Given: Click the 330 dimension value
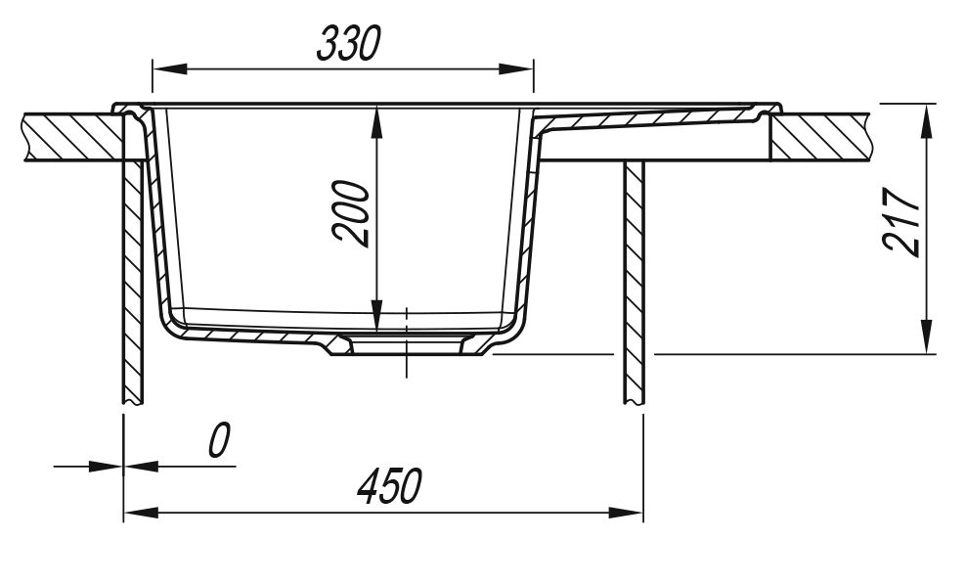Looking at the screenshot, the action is [349, 43].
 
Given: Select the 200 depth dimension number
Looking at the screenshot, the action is [351, 214].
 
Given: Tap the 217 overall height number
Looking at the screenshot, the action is [901, 222].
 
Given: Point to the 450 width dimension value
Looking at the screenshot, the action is [390, 486].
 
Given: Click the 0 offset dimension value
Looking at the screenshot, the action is [219, 440].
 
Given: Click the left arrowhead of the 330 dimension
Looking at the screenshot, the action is [170, 69].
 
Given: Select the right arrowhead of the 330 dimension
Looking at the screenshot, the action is [516, 69].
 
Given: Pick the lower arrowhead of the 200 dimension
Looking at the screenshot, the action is [377, 313].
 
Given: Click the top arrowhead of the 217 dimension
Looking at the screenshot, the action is [926, 120].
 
